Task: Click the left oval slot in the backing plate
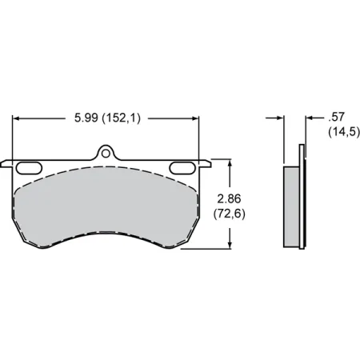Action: pyautogui.click(x=30, y=166)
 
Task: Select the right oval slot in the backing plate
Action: pyautogui.click(x=185, y=166)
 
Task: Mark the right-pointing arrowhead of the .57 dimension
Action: pyautogui.click(x=281, y=118)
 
